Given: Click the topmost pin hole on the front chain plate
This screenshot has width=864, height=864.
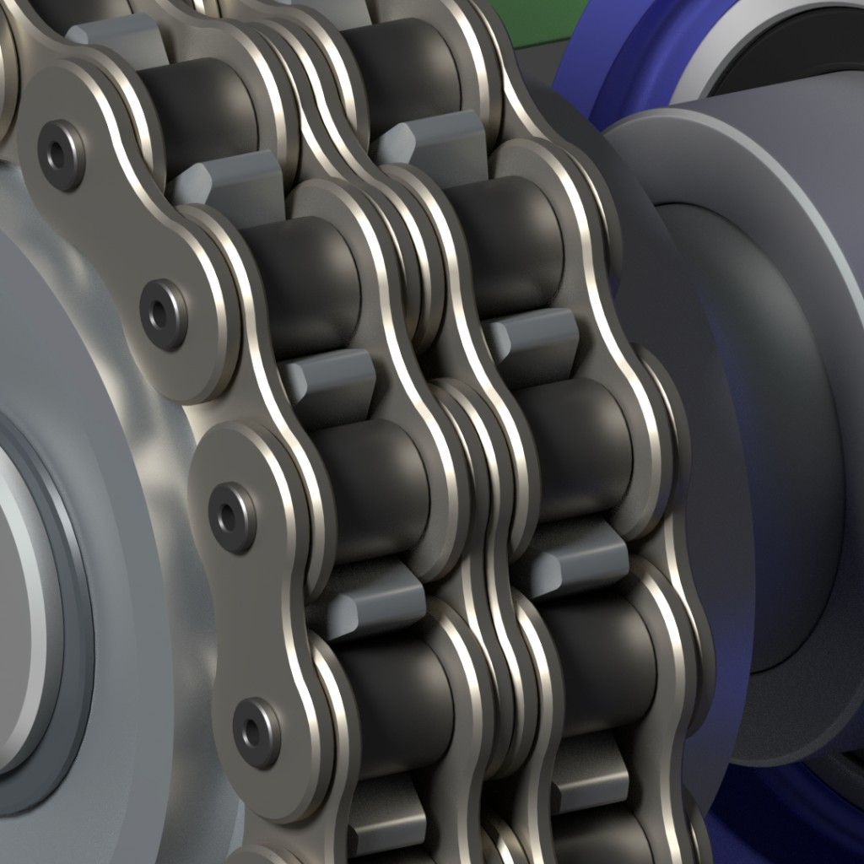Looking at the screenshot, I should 61,154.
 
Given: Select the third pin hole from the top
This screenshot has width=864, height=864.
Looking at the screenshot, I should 229,516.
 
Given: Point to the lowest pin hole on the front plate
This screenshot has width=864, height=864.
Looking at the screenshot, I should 255,731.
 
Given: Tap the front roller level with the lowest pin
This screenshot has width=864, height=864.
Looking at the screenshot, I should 397,700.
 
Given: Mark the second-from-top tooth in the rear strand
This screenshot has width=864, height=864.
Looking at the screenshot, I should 532,337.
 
